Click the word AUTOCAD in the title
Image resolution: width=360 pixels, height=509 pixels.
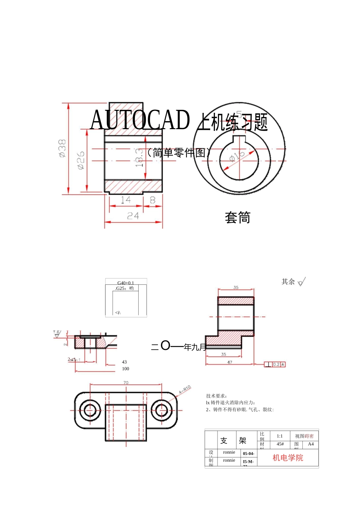[140, 120]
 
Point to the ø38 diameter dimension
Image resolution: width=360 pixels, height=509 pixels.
[62, 148]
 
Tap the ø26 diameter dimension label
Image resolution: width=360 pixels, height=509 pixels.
[81, 160]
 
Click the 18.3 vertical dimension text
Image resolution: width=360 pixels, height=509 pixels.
[139, 158]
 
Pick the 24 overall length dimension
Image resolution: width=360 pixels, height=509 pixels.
[133, 216]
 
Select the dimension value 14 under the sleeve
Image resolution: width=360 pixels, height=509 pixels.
[125, 200]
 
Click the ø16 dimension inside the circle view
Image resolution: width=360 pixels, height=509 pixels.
[237, 156]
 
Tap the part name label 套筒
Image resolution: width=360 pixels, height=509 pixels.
[238, 218]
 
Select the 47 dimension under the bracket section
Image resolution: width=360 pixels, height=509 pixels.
[230, 362]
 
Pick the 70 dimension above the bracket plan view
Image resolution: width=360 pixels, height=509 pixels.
[126, 383]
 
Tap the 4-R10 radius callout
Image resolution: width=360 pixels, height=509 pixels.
[185, 389]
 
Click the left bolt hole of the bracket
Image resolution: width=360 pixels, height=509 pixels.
[90, 410]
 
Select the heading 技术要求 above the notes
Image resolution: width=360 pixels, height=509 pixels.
[217, 396]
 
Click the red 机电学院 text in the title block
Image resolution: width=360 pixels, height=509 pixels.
[288, 458]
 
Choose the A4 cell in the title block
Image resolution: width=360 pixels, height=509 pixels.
[311, 444]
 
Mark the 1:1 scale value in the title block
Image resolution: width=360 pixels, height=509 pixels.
[280, 436]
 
